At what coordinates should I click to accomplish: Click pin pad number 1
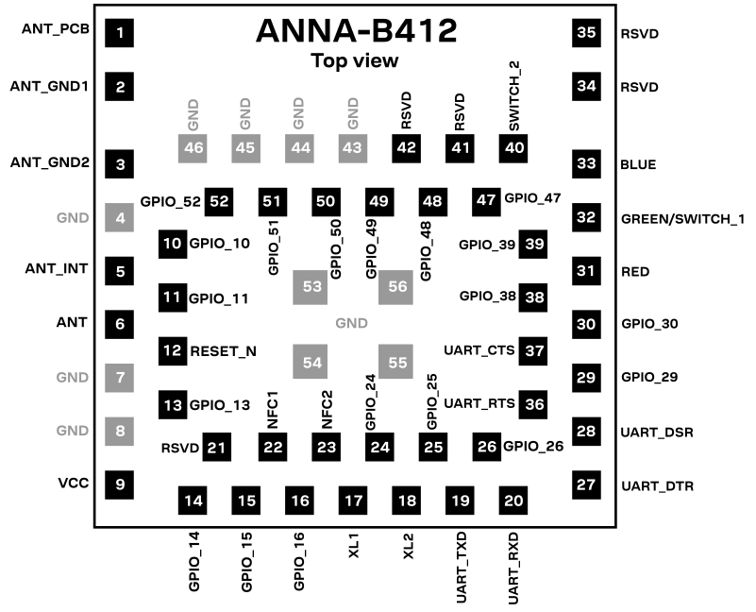(120, 34)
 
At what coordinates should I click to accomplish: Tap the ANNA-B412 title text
(356, 31)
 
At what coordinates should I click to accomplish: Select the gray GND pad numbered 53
(311, 285)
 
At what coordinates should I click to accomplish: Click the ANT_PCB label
(56, 29)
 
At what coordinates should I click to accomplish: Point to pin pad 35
(586, 33)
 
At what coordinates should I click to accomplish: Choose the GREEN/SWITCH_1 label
(682, 219)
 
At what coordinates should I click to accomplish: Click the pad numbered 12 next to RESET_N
(173, 350)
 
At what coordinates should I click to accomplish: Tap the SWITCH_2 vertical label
(514, 94)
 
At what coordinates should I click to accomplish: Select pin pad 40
(514, 148)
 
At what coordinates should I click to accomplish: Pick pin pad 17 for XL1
(353, 500)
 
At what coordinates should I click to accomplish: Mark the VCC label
(73, 483)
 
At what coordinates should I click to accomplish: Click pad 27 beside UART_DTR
(586, 485)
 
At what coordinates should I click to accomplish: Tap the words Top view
(355, 61)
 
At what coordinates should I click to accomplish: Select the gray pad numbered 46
(193, 148)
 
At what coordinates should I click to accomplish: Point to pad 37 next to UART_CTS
(535, 350)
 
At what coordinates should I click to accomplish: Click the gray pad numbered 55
(395, 362)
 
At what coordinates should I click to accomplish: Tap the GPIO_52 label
(170, 201)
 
